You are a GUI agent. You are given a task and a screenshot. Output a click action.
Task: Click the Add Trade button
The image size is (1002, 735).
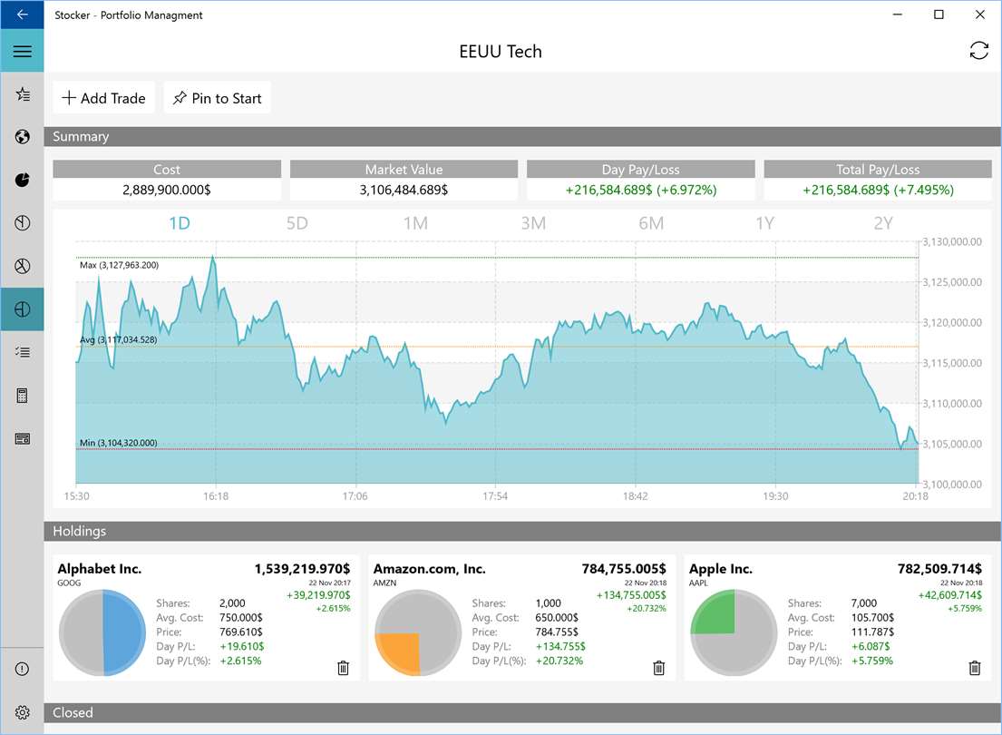tap(104, 98)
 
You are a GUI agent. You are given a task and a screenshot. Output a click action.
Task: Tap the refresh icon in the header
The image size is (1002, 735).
tap(978, 51)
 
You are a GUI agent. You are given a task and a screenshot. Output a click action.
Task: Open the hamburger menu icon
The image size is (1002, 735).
tap(22, 52)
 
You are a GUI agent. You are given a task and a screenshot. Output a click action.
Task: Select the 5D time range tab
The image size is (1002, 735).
tap(297, 223)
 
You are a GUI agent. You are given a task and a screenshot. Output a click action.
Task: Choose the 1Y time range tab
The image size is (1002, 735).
tap(765, 223)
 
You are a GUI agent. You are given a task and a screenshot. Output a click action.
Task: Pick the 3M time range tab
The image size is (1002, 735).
tap(533, 223)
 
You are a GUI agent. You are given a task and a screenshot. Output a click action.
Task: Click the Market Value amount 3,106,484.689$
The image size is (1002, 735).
tap(404, 190)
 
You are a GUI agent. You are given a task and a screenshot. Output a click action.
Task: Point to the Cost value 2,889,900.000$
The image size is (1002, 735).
tap(167, 190)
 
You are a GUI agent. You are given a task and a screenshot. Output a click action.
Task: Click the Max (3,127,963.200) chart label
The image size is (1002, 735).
tap(119, 265)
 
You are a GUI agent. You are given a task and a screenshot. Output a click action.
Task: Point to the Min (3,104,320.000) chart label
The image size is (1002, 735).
tap(118, 443)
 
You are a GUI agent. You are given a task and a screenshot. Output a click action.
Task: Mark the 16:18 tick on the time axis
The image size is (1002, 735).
tap(216, 496)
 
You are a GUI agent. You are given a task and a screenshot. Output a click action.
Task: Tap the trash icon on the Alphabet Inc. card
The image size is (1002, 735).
tap(343, 668)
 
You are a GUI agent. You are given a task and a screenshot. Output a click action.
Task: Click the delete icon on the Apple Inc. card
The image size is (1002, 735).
tap(975, 668)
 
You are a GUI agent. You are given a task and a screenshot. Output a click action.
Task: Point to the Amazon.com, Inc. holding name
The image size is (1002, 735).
tap(429, 569)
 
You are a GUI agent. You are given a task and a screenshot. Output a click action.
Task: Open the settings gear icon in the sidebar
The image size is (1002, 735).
tap(22, 712)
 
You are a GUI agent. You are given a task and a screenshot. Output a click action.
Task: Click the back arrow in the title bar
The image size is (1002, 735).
tap(22, 15)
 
